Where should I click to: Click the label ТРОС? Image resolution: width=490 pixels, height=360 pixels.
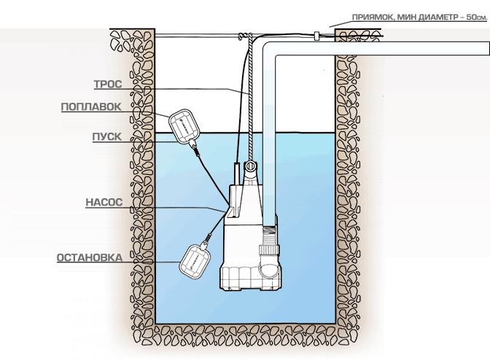click(x=107, y=84)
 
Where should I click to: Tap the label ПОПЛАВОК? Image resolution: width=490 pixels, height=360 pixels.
click(x=91, y=106)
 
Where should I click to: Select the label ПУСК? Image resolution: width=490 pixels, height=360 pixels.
click(x=106, y=136)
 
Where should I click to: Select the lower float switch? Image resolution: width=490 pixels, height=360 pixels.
click(x=197, y=259)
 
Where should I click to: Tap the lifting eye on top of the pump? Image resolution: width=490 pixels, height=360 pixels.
click(x=250, y=168)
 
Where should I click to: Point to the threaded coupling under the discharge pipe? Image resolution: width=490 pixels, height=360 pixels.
click(x=271, y=234)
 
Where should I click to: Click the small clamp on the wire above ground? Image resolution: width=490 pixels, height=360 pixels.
click(x=317, y=34)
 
